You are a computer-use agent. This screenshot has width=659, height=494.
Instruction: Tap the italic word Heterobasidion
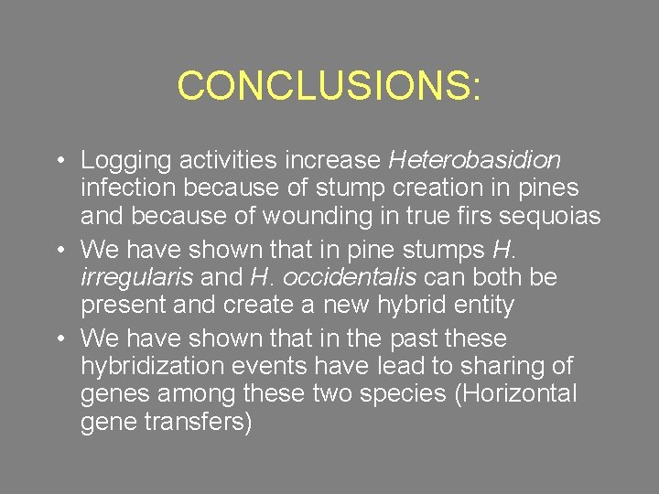tap(475, 160)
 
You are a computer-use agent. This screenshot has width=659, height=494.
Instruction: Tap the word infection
tap(127, 188)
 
